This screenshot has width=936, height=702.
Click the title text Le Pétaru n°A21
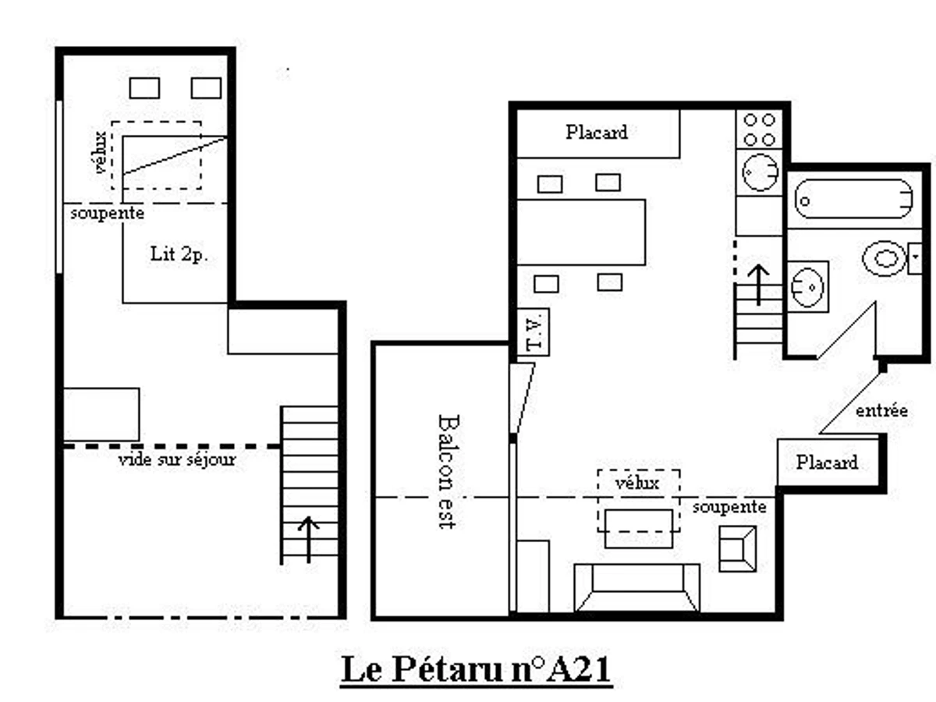pyautogui.click(x=476, y=670)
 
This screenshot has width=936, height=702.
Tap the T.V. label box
pyautogui.click(x=534, y=332)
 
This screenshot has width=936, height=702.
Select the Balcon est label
pyautogui.click(x=446, y=471)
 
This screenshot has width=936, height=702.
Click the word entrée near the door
pyautogui.click(x=881, y=410)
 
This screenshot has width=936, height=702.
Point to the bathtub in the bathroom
pyautogui.click(x=853, y=200)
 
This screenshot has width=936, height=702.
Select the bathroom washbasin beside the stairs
pyautogui.click(x=807, y=285)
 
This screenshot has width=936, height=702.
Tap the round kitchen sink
pyautogui.click(x=759, y=172)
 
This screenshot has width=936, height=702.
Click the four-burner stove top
pyautogui.click(x=759, y=129)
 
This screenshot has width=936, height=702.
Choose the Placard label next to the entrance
pyautogui.click(x=827, y=463)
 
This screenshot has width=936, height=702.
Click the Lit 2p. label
pyautogui.click(x=179, y=254)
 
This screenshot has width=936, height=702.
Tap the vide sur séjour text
pyautogui.click(x=177, y=460)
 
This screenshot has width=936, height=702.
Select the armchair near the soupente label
pyautogui.click(x=736, y=548)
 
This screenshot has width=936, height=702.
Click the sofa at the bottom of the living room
pyautogui.click(x=636, y=587)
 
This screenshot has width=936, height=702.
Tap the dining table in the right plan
pyautogui.click(x=581, y=232)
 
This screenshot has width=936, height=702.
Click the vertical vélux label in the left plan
pyautogui.click(x=99, y=154)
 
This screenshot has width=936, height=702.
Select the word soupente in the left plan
pyautogui.click(x=107, y=213)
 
